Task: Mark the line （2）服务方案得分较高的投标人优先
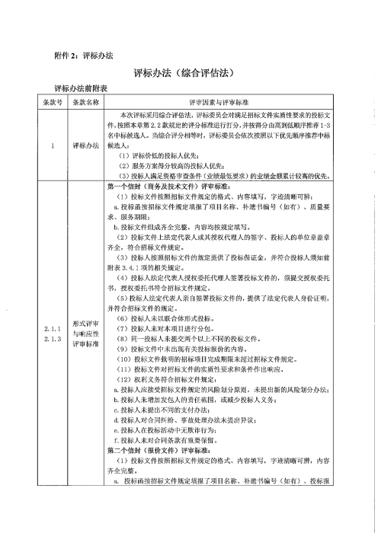point(172,164)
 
